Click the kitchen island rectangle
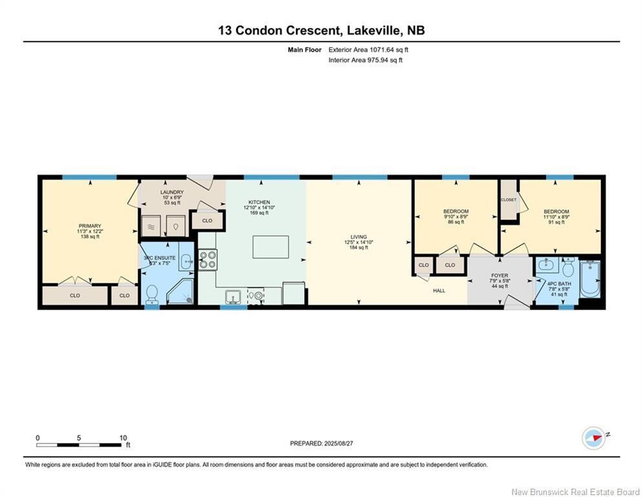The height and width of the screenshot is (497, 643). (270, 247)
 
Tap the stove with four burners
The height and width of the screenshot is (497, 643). (208, 260)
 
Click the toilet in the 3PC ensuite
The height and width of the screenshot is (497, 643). (151, 294)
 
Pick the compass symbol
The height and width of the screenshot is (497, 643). (594, 438)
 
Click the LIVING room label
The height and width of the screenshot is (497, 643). (359, 237)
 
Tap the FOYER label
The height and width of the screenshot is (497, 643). (500, 276)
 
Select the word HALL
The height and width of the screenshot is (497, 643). (439, 291)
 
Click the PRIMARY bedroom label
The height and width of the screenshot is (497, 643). (90, 226)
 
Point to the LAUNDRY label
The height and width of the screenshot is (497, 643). (172, 192)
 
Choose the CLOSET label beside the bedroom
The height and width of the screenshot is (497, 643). (509, 199)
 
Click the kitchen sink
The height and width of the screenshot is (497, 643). (234, 296)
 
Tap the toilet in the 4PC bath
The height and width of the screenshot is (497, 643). (568, 268)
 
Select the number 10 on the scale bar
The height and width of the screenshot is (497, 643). (123, 438)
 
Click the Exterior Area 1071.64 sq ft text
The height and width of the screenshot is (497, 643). (368, 50)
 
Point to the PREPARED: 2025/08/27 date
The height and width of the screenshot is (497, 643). (322, 443)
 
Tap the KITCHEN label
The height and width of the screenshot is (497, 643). (259, 202)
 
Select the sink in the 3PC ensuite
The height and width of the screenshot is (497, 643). (185, 261)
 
